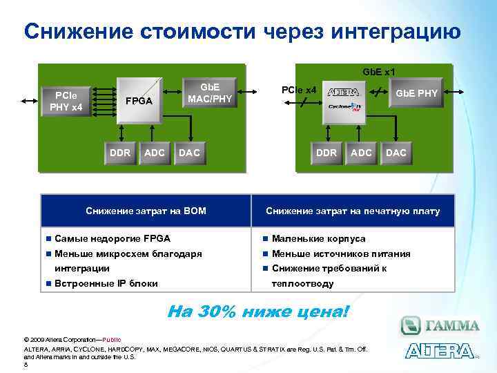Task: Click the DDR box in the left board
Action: [120, 152]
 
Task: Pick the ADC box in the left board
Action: [154, 152]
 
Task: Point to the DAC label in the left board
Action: [189, 152]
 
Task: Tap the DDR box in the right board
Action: [326, 152]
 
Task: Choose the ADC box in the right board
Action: [361, 152]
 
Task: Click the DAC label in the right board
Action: [396, 152]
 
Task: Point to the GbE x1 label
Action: [379, 71]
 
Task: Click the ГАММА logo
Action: [440, 325]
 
